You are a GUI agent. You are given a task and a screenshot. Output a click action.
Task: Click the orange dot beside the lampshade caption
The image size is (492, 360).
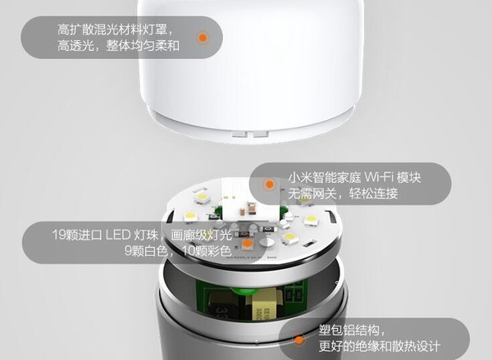(203, 38)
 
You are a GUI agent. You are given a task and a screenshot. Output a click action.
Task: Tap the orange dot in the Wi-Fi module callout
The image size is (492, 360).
(270, 185)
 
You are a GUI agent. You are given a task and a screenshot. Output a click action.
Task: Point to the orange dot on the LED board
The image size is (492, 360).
(248, 243)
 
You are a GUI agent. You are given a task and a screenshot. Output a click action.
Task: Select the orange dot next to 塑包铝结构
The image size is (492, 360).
(299, 339)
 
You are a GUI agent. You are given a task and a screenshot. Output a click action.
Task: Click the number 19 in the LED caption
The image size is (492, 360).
(59, 235)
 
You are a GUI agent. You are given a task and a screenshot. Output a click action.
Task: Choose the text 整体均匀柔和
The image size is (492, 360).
(143, 46)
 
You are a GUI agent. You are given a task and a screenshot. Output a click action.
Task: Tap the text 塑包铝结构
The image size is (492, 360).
(349, 330)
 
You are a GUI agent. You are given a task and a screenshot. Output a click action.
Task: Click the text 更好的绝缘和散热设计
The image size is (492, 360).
(380, 346)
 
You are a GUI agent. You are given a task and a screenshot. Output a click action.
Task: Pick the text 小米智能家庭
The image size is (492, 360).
(324, 178)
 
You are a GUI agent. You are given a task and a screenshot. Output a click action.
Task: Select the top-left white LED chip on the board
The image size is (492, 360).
(201, 198)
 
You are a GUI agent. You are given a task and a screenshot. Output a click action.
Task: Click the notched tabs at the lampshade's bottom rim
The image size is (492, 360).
(249, 134)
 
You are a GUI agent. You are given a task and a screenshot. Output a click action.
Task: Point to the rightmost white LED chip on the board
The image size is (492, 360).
(312, 220)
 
